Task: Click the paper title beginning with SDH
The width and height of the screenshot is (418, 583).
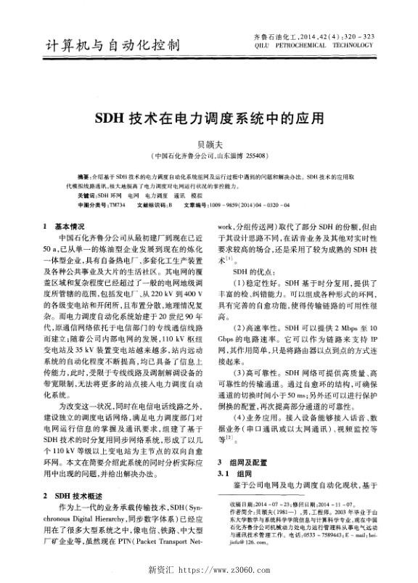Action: click(x=208, y=117)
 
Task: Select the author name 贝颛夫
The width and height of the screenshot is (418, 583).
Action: click(x=208, y=144)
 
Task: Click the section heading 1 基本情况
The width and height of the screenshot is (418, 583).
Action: click(x=65, y=227)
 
